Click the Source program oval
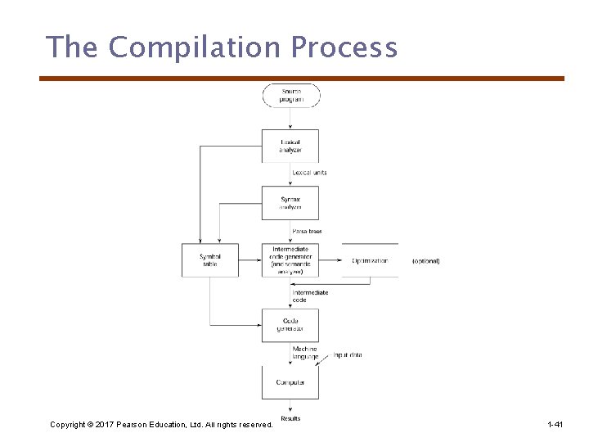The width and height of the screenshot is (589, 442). pyautogui.click(x=290, y=95)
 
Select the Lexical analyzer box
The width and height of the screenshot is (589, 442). pyautogui.click(x=290, y=146)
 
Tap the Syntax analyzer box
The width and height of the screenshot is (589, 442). pyautogui.click(x=290, y=203)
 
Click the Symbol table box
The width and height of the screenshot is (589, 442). pyautogui.click(x=210, y=260)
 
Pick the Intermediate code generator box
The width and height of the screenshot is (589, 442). pyautogui.click(x=290, y=260)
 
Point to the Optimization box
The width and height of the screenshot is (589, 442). pyautogui.click(x=370, y=260)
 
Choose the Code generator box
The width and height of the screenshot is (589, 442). pyautogui.click(x=290, y=325)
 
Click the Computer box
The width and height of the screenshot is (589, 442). pyautogui.click(x=290, y=382)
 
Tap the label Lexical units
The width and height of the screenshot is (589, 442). pyautogui.click(x=310, y=173)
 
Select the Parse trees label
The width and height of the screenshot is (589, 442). pyautogui.click(x=307, y=232)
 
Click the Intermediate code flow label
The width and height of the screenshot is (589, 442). pyautogui.click(x=310, y=296)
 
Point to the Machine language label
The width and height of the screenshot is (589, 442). pyautogui.click(x=305, y=353)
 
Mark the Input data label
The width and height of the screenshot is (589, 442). pyautogui.click(x=348, y=355)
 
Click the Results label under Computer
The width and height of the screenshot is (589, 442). pyautogui.click(x=290, y=418)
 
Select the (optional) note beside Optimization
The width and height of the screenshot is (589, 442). pyautogui.click(x=425, y=261)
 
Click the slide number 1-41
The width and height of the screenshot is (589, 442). pyautogui.click(x=555, y=425)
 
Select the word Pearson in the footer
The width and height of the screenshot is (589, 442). pyautogui.click(x=148, y=425)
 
